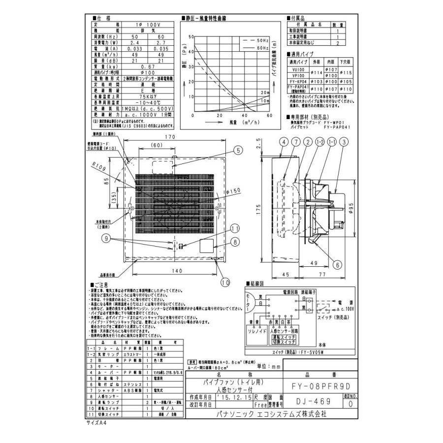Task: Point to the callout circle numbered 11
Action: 235,228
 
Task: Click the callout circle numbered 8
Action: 235,242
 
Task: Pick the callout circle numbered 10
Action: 225,282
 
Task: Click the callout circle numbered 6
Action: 337,264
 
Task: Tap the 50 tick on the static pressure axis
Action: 191,37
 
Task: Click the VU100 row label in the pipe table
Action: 298,70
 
